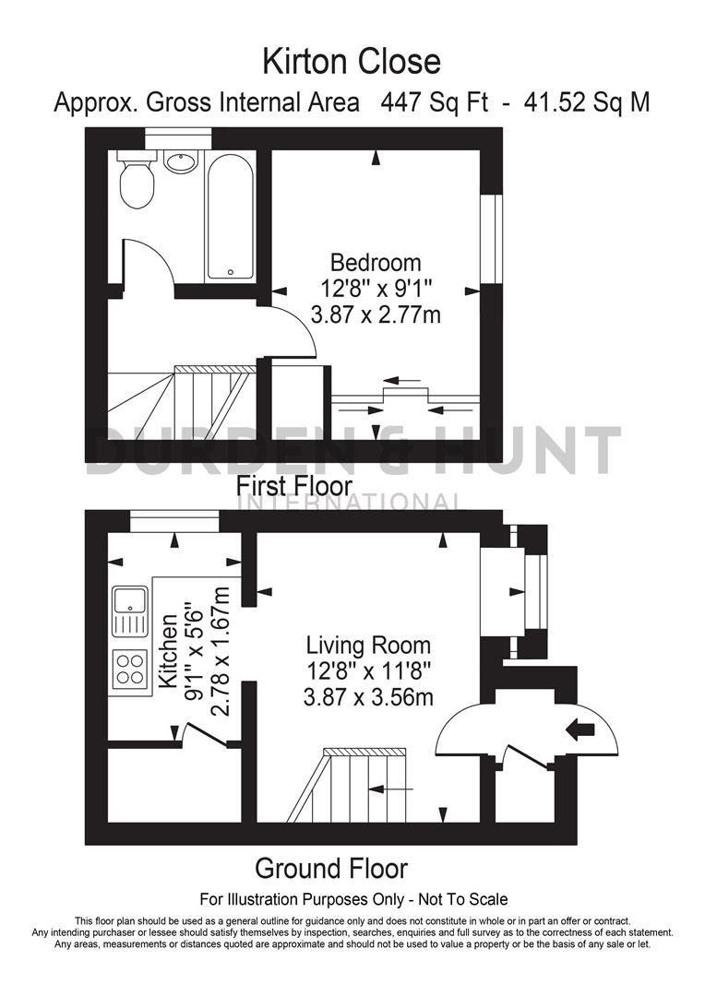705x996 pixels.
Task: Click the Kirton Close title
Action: (x=352, y=62)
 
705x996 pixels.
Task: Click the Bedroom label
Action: (x=376, y=263)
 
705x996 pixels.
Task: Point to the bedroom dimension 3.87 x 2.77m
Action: (x=376, y=315)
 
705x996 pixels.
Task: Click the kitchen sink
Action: (x=129, y=611)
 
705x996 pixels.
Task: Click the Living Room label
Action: (x=368, y=645)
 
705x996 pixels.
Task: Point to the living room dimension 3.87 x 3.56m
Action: (x=368, y=697)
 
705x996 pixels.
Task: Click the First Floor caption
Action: (x=294, y=485)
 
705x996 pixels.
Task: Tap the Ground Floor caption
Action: (x=331, y=868)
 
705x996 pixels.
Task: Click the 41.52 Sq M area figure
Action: (x=586, y=101)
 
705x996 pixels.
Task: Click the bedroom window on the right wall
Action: (x=497, y=238)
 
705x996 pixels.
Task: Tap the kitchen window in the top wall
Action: (x=173, y=522)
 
